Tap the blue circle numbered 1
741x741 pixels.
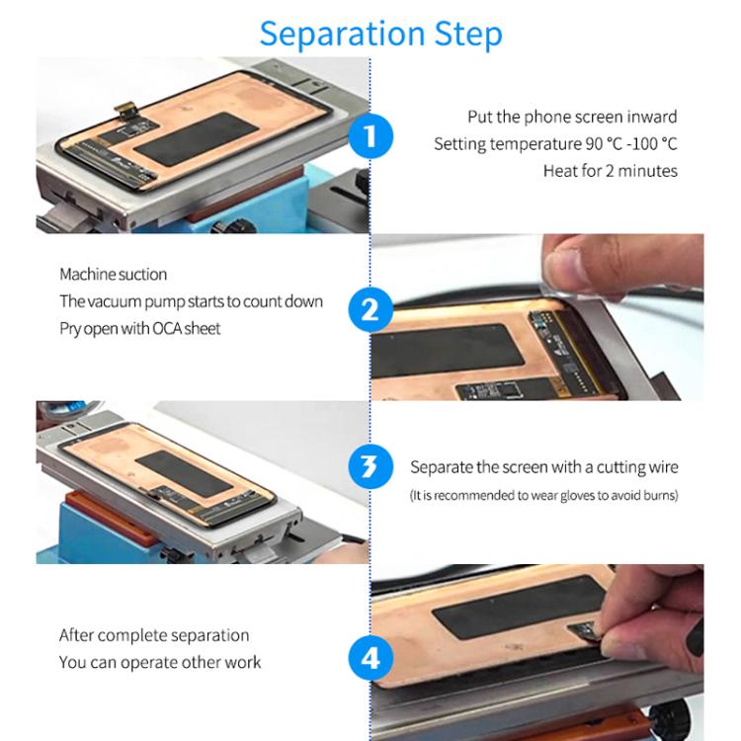tap(371, 134)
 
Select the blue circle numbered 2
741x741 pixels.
tap(370, 310)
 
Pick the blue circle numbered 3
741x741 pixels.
tap(370, 466)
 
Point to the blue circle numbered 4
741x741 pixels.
tap(370, 657)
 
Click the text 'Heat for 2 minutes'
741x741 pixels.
tap(610, 171)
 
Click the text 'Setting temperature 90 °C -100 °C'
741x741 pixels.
tap(555, 144)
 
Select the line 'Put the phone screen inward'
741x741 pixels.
tap(572, 118)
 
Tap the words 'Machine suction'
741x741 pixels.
tap(113, 275)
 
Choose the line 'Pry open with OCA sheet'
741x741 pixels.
tap(139, 328)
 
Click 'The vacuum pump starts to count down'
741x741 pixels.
tap(191, 301)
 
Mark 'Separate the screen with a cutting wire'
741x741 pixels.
tap(544, 467)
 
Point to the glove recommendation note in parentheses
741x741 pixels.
tap(544, 495)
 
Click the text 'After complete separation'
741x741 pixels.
tap(153, 635)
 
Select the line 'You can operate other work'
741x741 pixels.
tap(160, 662)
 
